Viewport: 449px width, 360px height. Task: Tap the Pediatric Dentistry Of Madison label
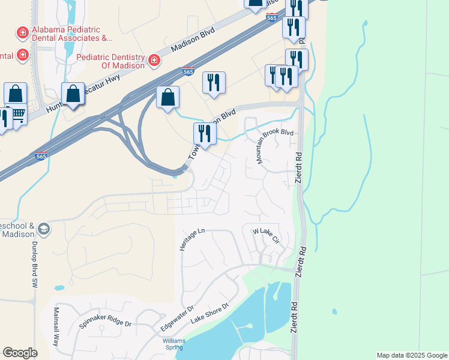pos(111,61)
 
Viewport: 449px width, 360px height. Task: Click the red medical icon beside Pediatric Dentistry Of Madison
pos(154,60)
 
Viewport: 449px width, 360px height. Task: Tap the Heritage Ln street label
pos(193,239)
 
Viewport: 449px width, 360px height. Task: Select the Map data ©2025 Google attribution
pos(411,355)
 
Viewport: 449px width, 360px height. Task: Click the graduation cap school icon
pos(44,229)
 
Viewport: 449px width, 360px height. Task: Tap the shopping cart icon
pos(18,113)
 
